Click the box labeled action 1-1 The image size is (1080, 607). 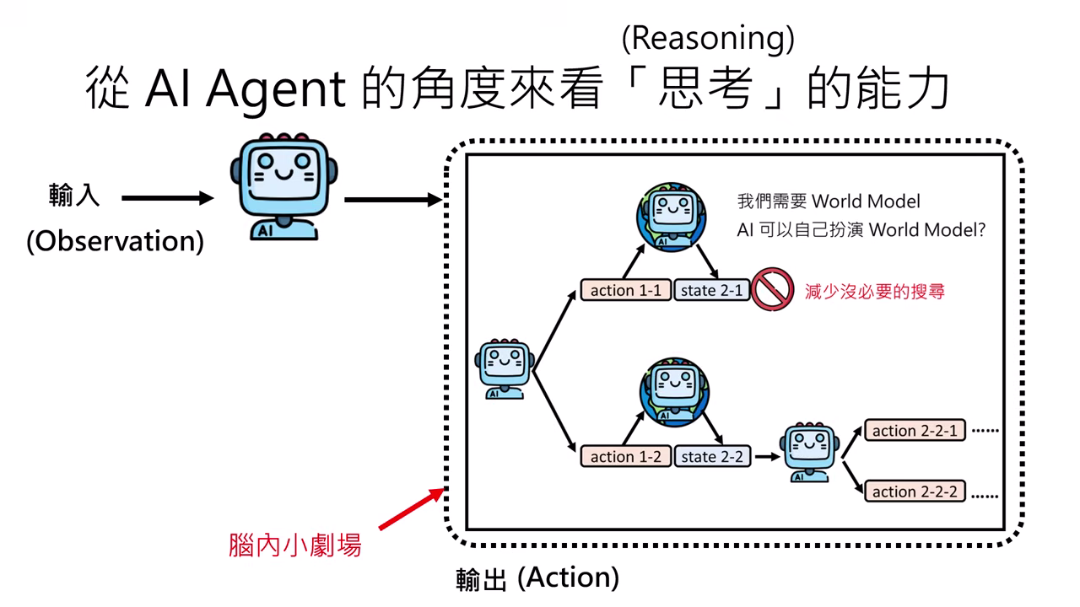pos(625,291)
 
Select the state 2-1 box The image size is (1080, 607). pos(711,291)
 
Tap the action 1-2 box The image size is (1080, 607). pos(625,456)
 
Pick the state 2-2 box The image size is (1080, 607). pos(711,456)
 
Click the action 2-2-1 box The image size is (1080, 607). pos(915,431)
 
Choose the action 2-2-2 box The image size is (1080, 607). pos(915,492)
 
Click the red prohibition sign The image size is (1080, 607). pos(772,290)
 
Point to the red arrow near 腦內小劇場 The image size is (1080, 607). pos(409,510)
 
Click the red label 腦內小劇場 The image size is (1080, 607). pos(295,545)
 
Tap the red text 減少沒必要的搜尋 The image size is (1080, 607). pos(874,292)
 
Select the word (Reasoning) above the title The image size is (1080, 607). pos(707,38)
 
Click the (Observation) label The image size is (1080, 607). pos(115,241)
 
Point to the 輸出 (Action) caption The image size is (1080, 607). pos(537,578)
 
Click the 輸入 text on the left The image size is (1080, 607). pos(74,196)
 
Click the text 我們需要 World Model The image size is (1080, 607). pos(829,201)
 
